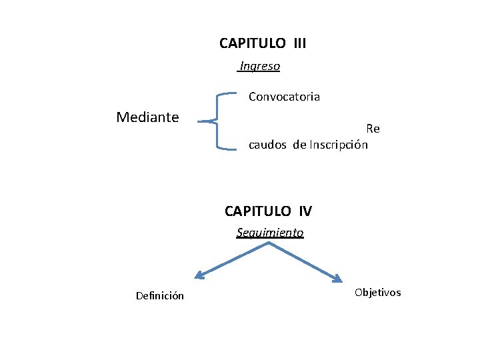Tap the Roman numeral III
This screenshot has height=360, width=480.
(x=299, y=44)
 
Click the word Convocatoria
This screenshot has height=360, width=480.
(x=284, y=97)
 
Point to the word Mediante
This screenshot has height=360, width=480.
(x=147, y=118)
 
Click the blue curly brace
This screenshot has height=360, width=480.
(x=218, y=121)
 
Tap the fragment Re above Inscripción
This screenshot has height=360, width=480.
(x=373, y=129)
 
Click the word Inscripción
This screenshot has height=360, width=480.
(x=339, y=145)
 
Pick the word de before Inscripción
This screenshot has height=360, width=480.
(x=299, y=145)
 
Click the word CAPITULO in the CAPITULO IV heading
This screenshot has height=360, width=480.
(x=258, y=212)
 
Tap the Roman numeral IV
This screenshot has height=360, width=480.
(x=305, y=212)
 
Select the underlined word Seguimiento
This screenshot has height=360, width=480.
(x=270, y=233)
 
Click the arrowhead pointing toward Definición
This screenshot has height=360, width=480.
(x=197, y=275)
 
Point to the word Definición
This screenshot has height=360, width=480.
(x=160, y=296)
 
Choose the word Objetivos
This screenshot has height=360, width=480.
(x=378, y=293)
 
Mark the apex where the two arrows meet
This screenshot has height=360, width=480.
(x=269, y=243)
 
